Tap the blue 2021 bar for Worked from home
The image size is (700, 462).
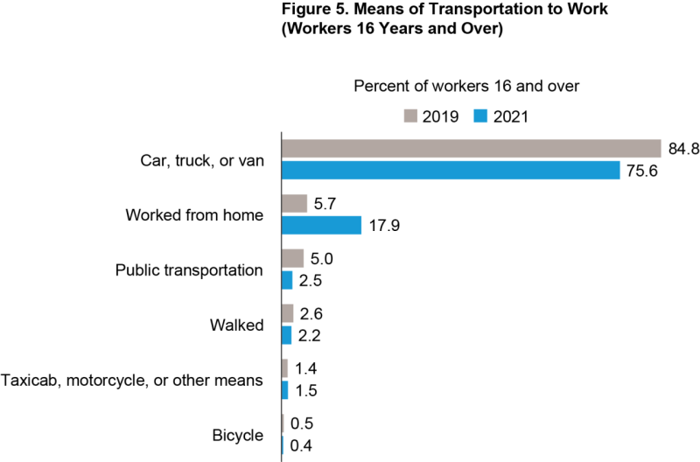[x=321, y=226]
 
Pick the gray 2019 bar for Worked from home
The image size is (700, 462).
[x=294, y=204]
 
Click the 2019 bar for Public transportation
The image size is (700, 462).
[x=292, y=258]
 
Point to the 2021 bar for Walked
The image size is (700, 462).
[x=286, y=335]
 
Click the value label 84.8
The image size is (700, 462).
[x=682, y=149]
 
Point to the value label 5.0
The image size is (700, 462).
[x=321, y=258]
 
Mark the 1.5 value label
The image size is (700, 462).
[x=305, y=390]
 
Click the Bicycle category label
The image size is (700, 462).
[x=237, y=435]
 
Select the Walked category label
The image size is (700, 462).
[x=236, y=325]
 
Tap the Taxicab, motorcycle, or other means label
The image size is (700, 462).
[x=132, y=380]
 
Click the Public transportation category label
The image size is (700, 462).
[x=189, y=269]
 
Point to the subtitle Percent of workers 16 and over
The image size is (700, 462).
[x=467, y=87]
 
